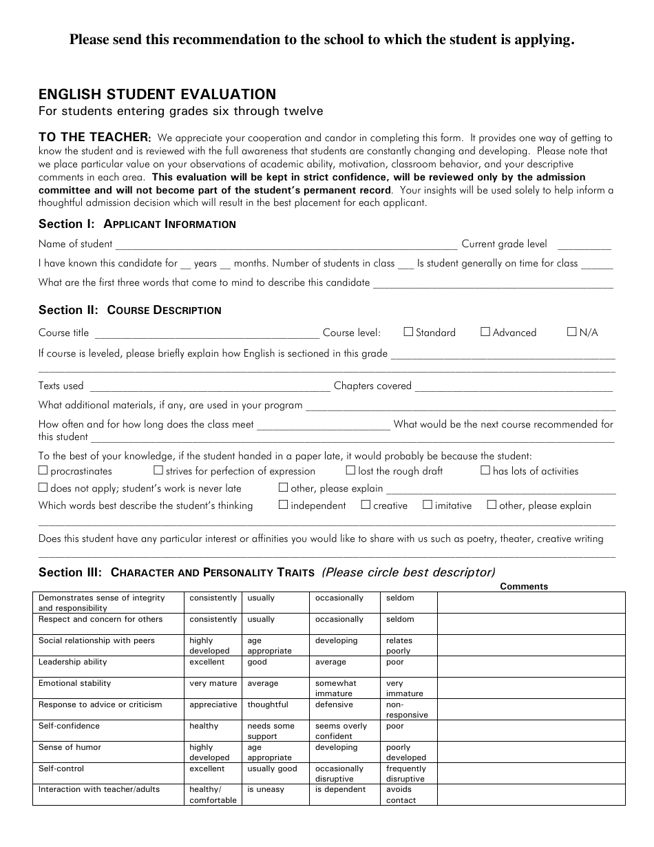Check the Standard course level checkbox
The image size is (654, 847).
tap(408, 332)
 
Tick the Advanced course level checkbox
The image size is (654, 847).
tap(485, 332)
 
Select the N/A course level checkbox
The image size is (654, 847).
tap(571, 332)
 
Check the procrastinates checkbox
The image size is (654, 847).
tap(43, 471)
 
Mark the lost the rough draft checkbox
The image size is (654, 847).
tap(351, 471)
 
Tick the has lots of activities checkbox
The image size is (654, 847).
tap(485, 471)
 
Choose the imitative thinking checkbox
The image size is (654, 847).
tap(428, 505)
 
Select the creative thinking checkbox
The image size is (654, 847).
tap(366, 505)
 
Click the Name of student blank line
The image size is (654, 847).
tap(286, 244)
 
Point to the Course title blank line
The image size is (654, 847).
tap(206, 333)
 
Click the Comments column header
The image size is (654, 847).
tap(524, 587)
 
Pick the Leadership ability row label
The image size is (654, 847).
tap(73, 662)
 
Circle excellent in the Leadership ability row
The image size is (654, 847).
tap(207, 662)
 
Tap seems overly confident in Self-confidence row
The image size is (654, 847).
tap(341, 731)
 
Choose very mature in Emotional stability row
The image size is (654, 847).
tap(213, 684)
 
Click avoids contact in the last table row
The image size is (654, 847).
tap(401, 795)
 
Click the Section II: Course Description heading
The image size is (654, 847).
tap(130, 310)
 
